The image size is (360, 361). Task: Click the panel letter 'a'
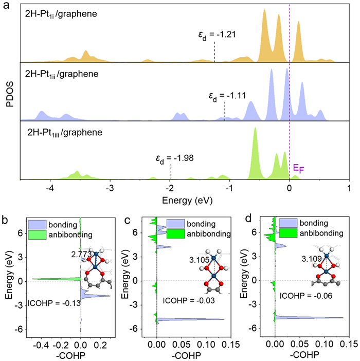(x=6, y=5)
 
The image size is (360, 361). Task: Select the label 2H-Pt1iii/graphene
(x=65, y=133)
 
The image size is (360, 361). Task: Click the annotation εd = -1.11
(x=226, y=96)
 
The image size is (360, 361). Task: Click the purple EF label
(x=298, y=168)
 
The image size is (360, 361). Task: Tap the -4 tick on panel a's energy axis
(x=50, y=188)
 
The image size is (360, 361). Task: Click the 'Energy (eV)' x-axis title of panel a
(x=184, y=199)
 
